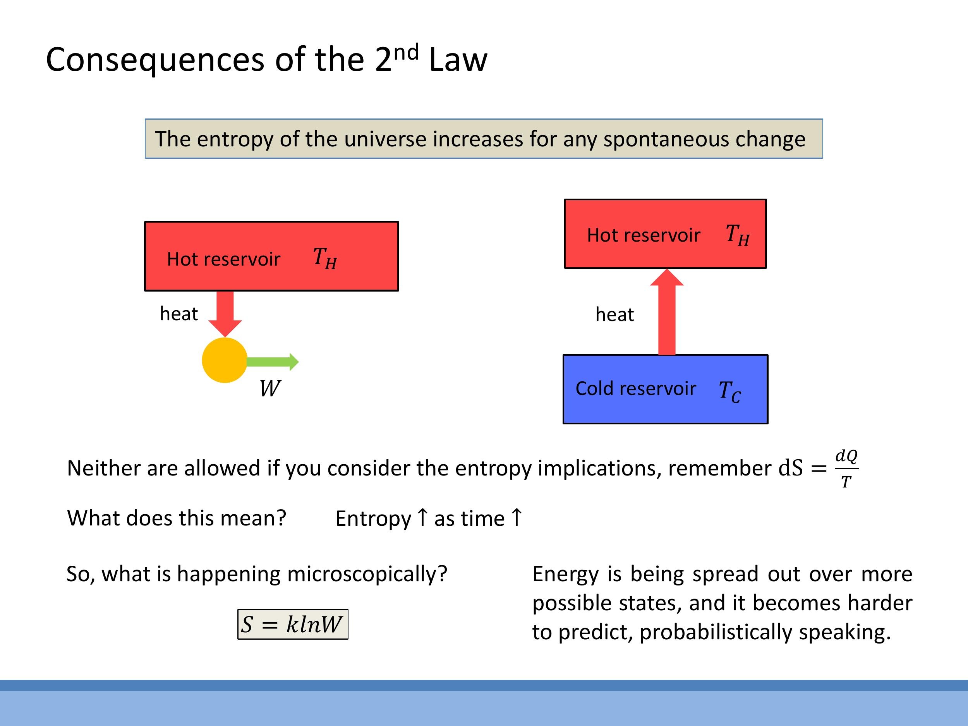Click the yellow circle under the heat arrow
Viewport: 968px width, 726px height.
coord(225,360)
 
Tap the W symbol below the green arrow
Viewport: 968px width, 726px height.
coord(269,388)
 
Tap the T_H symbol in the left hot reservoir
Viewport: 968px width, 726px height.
coord(325,258)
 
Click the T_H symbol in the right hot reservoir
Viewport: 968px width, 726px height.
coord(737,235)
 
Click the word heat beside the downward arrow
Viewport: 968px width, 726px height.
coord(178,314)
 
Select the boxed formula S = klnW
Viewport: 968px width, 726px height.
coord(293,624)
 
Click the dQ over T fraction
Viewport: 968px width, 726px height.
coord(846,468)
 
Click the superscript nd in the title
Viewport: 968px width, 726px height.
coord(406,53)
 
